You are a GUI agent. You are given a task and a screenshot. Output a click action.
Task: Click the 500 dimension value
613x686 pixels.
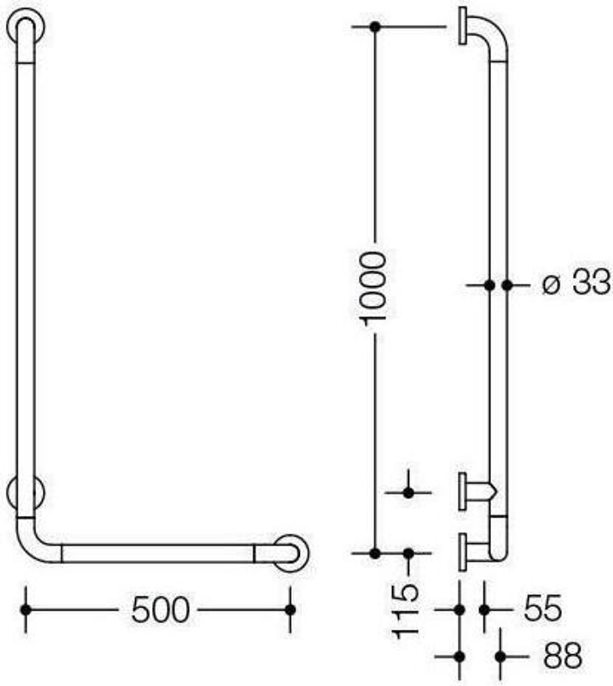[x=161, y=610]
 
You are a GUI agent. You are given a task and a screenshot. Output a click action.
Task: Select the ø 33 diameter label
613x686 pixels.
[x=576, y=283]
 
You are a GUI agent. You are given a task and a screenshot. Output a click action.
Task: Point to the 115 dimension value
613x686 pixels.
[x=406, y=611]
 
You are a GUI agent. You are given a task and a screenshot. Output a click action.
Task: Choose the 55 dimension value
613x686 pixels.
[x=543, y=608]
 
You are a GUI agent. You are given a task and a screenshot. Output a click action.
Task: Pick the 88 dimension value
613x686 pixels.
[x=562, y=656]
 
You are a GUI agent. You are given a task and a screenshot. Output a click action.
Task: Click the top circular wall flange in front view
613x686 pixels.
[x=26, y=26]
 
